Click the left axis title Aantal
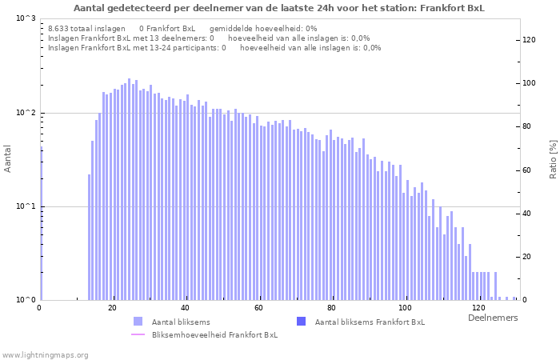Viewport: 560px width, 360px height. tap(8, 158)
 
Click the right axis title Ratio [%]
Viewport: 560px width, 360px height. tap(552, 158)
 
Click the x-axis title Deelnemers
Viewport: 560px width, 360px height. tap(492, 318)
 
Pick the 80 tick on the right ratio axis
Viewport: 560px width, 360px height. tap(529, 126)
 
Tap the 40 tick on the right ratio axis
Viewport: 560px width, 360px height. tap(529, 214)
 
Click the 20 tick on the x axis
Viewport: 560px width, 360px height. tap(113, 308)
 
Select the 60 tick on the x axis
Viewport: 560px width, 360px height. tap(259, 308)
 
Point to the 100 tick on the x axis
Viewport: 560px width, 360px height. tap(406, 308)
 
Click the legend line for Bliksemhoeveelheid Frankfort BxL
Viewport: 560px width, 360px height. tap(138, 334)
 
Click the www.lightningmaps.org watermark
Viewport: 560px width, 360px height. tap(46, 354)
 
